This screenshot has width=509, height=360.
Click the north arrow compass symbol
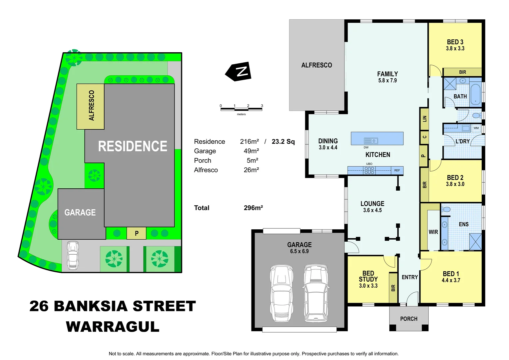tap(239, 71)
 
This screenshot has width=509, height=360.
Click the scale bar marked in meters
tap(241, 109)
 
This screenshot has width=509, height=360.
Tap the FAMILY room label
tap(387, 74)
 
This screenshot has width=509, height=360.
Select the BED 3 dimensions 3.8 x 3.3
tap(455, 49)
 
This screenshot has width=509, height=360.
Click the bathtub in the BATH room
tap(475, 94)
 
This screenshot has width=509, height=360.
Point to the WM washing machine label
tap(476, 128)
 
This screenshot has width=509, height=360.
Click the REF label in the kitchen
tap(397, 170)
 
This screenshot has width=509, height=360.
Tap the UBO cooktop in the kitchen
tap(369, 170)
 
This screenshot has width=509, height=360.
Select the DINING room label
tap(328, 141)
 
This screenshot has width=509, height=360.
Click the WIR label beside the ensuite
tap(433, 232)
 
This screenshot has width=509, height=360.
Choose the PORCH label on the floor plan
tap(409, 319)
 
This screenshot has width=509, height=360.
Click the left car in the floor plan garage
tap(281, 293)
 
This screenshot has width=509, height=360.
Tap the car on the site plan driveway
tap(73, 255)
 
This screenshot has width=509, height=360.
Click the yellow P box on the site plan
tap(137, 233)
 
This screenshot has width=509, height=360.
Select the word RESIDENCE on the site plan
tap(133, 146)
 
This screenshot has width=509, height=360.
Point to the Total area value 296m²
tap(253, 208)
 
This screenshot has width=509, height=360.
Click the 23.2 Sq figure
tap(283, 142)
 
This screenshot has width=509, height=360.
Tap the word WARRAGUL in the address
tap(113, 327)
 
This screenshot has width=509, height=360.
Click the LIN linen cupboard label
tap(424, 118)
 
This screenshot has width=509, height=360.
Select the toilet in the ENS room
tap(446, 210)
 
